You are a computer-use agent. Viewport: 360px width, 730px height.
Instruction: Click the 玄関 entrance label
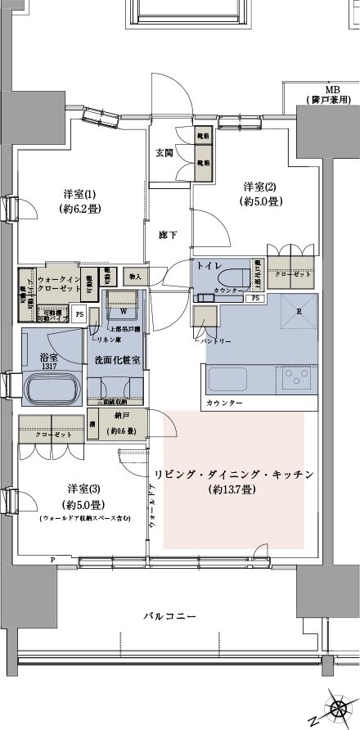tap(164, 151)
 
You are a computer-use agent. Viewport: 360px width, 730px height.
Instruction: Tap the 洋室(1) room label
tap(79, 194)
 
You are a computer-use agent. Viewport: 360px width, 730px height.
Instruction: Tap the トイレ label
tap(208, 265)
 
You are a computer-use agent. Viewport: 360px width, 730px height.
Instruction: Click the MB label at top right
tap(332, 89)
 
